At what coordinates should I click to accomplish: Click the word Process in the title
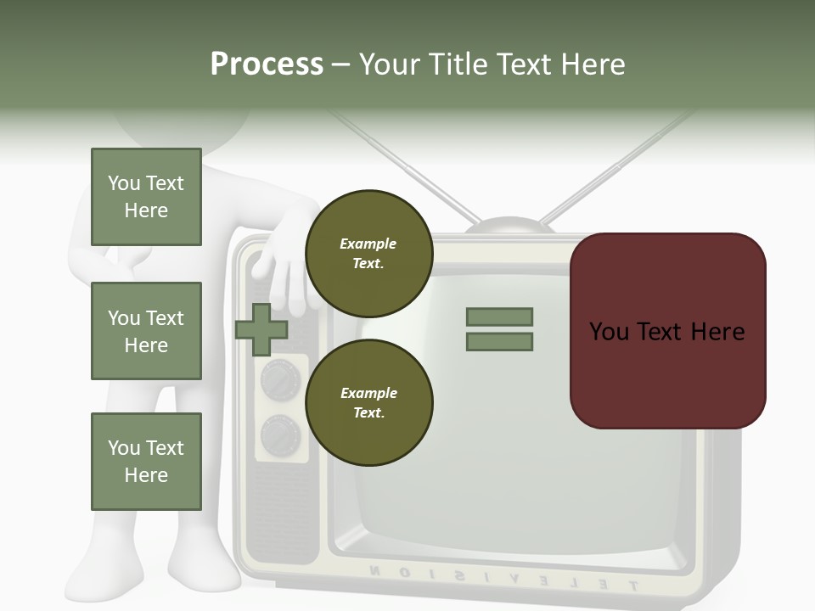[x=267, y=64]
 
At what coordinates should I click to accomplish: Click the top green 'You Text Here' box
[x=146, y=197]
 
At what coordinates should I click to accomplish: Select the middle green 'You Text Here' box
[x=146, y=331]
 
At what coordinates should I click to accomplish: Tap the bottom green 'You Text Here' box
[x=146, y=461]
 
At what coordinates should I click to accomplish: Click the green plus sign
[x=261, y=329]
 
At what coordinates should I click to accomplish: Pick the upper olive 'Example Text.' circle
[x=368, y=253]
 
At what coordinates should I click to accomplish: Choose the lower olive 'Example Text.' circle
[x=368, y=402]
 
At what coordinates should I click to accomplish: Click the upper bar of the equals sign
[x=499, y=317]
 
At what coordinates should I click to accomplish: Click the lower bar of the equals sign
[x=499, y=342]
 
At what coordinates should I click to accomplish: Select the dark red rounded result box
[x=667, y=331]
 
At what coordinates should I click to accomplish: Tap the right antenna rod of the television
[x=620, y=161]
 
